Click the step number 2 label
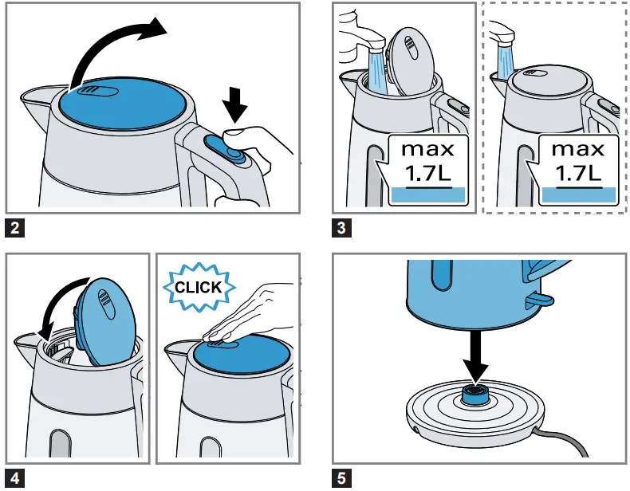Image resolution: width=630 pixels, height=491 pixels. coord(14,230)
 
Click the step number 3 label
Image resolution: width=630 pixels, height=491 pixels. coord(341,230)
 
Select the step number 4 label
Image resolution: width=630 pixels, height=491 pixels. coord(14,478)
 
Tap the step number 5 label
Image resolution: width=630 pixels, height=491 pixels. coord(341,478)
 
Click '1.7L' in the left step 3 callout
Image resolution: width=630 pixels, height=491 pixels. coord(427,172)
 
